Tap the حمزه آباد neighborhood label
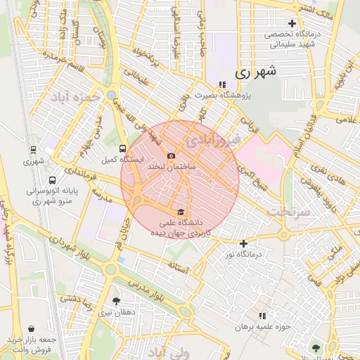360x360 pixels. (x=71, y=96)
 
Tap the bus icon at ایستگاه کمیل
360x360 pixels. (x=123, y=149)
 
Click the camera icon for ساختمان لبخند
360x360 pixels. (x=171, y=156)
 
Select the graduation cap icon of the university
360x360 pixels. (x=181, y=212)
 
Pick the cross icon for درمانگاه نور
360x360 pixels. (x=244, y=243)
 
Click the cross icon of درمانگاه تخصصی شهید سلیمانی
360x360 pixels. (x=292, y=23)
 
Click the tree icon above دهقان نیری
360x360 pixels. (x=116, y=301)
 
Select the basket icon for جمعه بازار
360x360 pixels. (x=32, y=328)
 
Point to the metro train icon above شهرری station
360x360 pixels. (x=33, y=149)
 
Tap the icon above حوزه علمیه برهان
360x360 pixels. (x=262, y=316)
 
